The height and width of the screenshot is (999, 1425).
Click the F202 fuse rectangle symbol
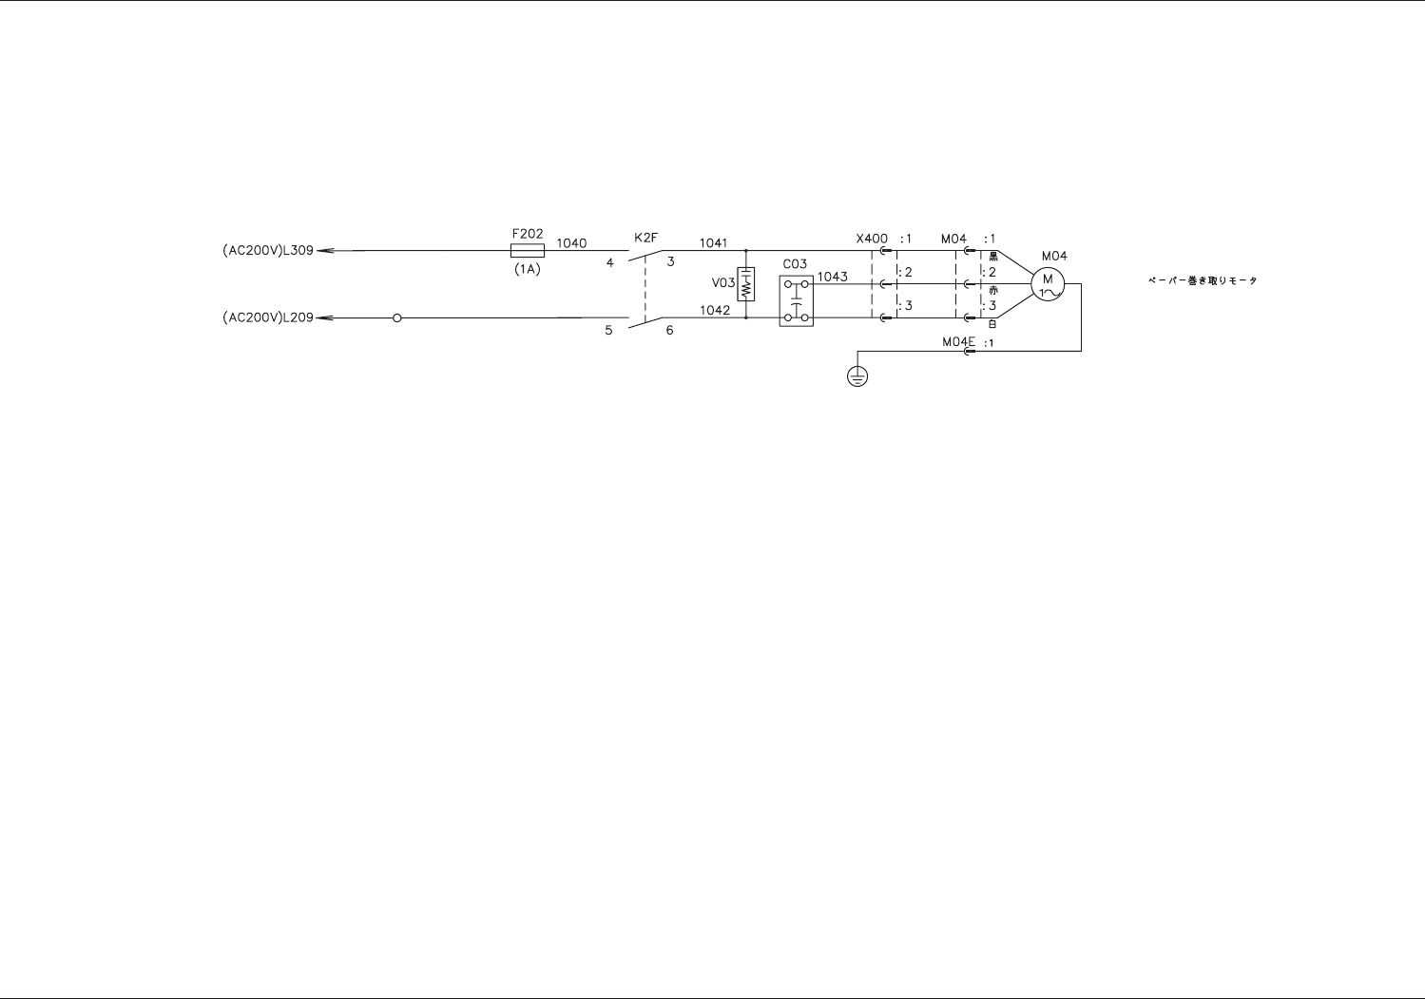[528, 251]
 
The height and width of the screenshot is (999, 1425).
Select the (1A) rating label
[528, 269]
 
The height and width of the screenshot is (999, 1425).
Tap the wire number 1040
[571, 243]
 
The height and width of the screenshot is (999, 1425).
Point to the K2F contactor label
[645, 237]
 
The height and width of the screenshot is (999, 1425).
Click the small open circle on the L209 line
[397, 317]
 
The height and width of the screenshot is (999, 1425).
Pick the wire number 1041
[713, 243]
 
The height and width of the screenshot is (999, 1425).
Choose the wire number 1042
[715, 310]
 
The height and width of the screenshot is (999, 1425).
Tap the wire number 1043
[832, 277]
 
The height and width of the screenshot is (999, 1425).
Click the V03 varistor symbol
[746, 284]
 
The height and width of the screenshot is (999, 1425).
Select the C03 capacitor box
[796, 300]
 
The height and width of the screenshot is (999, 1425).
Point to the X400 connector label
[872, 239]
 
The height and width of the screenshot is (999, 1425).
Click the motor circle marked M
[1048, 283]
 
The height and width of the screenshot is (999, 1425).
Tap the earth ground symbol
[857, 376]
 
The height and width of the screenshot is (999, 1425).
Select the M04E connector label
[959, 342]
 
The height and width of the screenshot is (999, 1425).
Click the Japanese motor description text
[1203, 280]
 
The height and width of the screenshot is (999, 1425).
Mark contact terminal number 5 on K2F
[609, 331]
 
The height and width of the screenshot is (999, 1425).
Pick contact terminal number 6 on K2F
[669, 331]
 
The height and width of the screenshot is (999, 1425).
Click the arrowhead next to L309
[324, 251]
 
